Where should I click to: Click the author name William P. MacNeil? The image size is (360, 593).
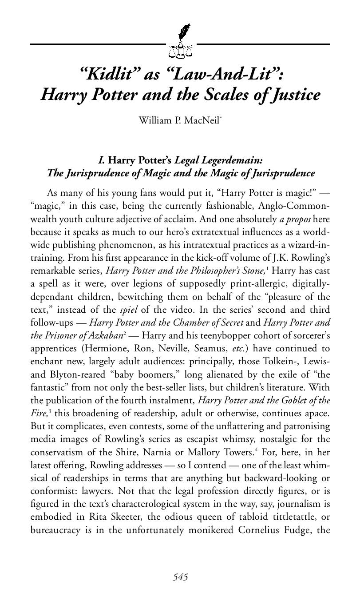pyautogui.click(x=179, y=120)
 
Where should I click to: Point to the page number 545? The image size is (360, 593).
pyautogui.click(x=180, y=577)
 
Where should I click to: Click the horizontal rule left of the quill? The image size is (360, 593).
pyautogui.click(x=98, y=44)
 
